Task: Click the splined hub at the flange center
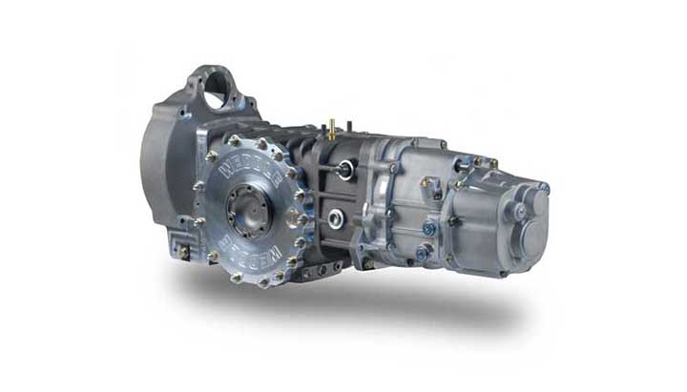[x=251, y=207]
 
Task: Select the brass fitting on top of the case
[x=332, y=130]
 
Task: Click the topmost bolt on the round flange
[x=234, y=140]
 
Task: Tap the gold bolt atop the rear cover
[x=478, y=162]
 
